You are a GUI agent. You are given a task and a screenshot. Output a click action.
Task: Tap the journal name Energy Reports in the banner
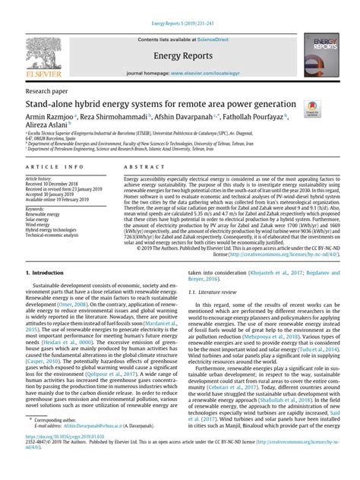tap(180, 56)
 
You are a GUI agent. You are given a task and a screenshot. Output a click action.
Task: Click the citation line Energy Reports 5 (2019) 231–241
tap(179, 5)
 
